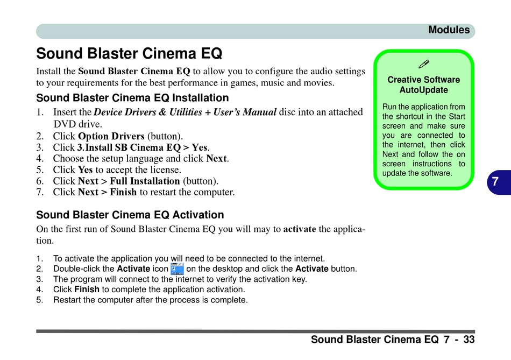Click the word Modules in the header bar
point(449,30)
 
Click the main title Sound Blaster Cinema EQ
point(129,53)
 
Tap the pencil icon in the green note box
point(424,64)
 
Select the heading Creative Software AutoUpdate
point(424,85)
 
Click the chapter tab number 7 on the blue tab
point(495,181)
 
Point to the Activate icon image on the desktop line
point(177,269)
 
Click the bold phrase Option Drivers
point(111,136)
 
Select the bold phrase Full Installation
point(145,181)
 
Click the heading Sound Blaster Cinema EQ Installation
point(132,98)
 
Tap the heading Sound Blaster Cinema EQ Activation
point(130,215)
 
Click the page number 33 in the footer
point(469,340)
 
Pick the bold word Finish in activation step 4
point(87,290)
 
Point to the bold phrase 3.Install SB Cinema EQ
point(129,147)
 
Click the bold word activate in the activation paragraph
point(300,229)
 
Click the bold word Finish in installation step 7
point(123,192)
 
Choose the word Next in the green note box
point(390,154)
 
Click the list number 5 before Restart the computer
point(39,300)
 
